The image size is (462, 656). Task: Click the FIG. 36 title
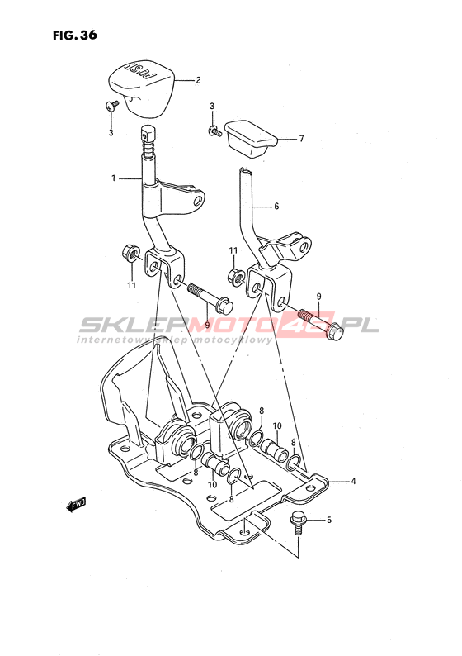tap(75, 36)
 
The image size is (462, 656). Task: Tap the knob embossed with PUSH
tap(142, 88)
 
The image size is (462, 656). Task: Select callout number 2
tap(198, 80)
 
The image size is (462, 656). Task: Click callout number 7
tap(302, 139)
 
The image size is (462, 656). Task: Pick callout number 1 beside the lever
tap(113, 178)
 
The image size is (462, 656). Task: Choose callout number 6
tap(276, 207)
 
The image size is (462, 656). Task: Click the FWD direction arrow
tap(76, 504)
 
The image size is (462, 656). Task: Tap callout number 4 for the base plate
tap(353, 481)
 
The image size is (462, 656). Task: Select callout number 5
tap(328, 520)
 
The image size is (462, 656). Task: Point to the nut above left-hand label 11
tap(130, 253)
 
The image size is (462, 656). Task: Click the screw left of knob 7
tap(214, 131)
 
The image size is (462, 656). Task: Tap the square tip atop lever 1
tap(148, 134)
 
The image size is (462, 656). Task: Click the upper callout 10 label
tap(277, 425)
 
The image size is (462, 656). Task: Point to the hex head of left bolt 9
tap(224, 307)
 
